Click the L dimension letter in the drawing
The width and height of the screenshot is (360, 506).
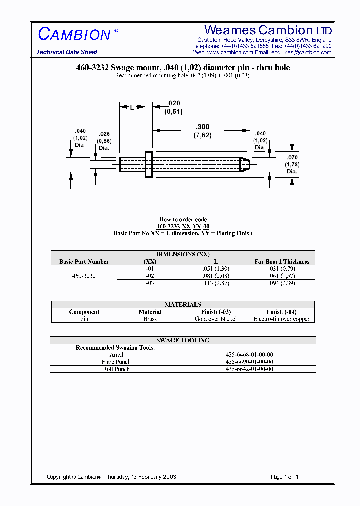point(132,107)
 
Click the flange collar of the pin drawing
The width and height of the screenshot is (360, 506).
point(148,164)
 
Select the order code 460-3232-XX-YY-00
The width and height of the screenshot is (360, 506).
point(183,226)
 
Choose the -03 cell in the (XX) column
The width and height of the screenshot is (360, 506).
point(150,283)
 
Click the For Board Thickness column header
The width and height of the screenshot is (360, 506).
point(282,261)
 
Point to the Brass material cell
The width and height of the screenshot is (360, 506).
point(150,319)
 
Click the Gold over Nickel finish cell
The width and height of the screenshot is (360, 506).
point(216,319)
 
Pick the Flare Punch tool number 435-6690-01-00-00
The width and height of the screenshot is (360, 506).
point(249,362)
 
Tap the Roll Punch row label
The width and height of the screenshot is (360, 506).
point(116,369)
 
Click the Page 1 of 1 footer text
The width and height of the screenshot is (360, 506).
point(284,477)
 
